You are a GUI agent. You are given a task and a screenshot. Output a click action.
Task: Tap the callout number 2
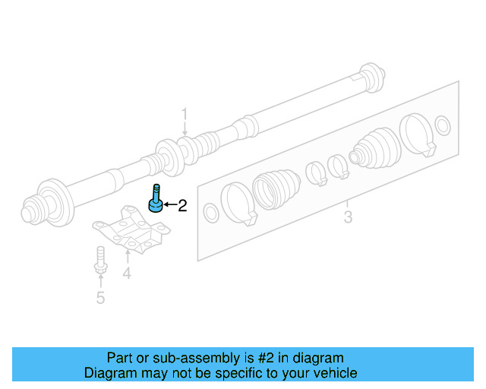click(181, 205)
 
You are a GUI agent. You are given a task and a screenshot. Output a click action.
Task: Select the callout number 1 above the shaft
click(184, 115)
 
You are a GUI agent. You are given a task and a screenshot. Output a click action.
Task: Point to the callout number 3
click(347, 218)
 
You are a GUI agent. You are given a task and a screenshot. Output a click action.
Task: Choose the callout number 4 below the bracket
click(127, 273)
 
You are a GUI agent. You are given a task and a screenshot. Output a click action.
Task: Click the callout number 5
click(100, 297)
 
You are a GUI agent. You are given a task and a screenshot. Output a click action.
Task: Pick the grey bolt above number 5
click(99, 261)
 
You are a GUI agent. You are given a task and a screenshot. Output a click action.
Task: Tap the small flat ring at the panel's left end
click(212, 214)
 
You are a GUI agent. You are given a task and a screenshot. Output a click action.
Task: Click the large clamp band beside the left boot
click(238, 203)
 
